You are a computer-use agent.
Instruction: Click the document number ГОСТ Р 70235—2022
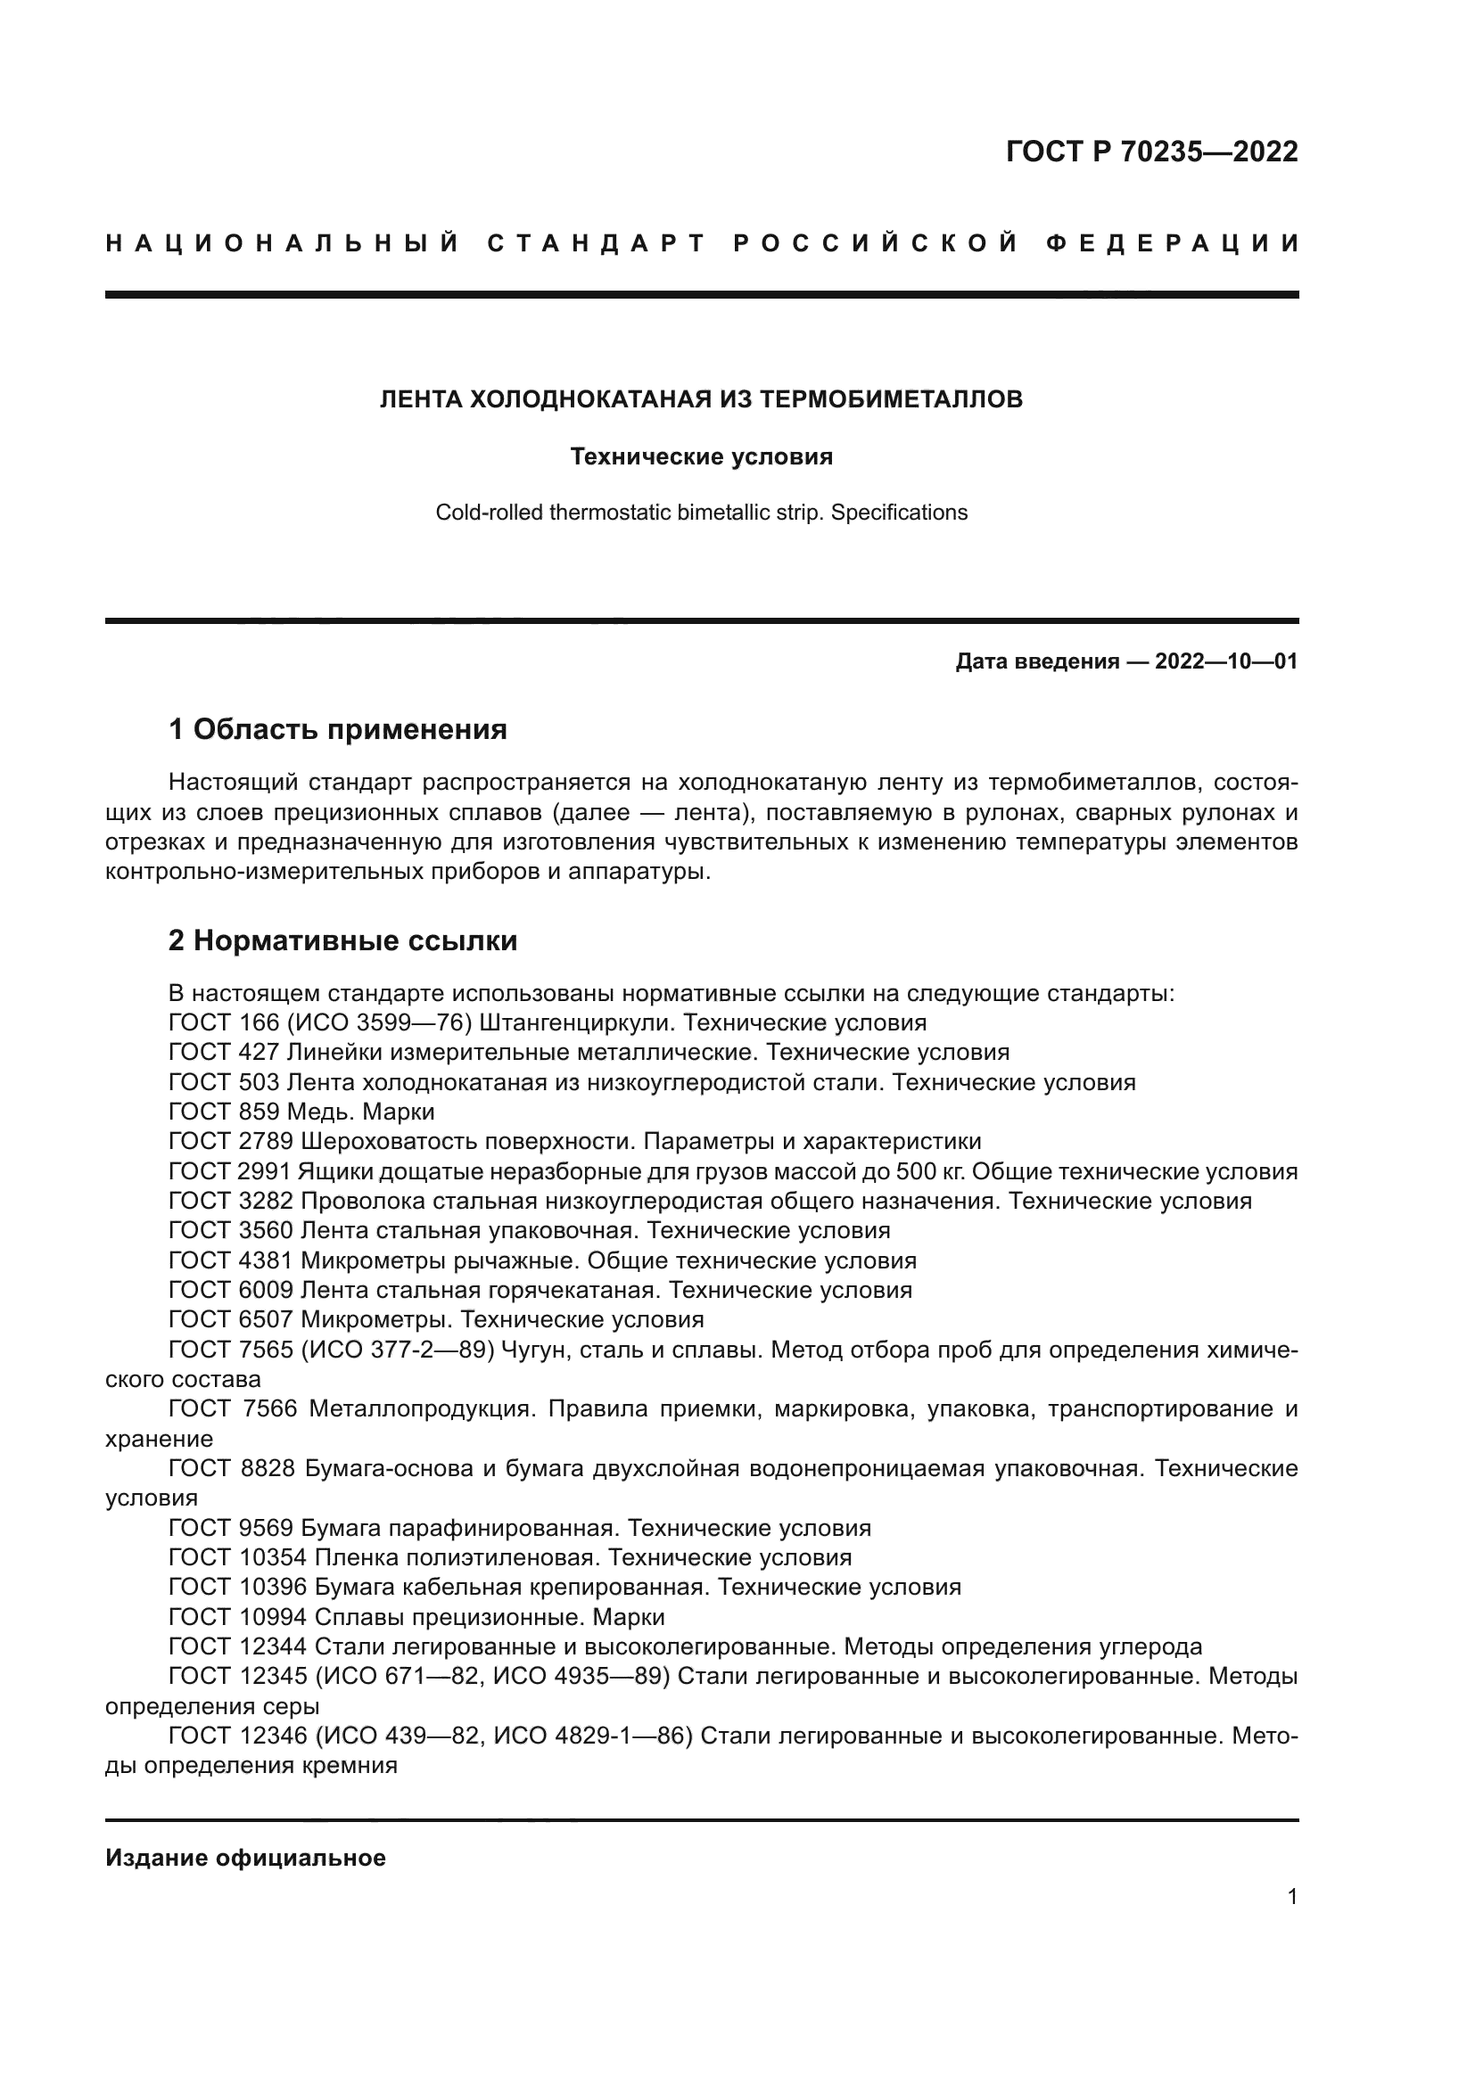click(1151, 152)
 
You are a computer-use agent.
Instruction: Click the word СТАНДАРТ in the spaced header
click(596, 243)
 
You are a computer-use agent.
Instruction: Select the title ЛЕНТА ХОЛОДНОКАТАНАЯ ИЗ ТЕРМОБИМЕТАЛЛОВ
click(701, 399)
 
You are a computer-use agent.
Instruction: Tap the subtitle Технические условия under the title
click(701, 456)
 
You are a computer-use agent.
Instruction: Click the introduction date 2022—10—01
click(1226, 661)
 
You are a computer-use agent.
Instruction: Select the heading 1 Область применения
click(338, 729)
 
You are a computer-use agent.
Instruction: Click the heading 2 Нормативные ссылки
click(343, 940)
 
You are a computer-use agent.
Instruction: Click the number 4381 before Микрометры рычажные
click(265, 1260)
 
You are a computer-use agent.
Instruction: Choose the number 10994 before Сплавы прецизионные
click(273, 1617)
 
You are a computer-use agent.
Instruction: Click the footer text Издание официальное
click(245, 1858)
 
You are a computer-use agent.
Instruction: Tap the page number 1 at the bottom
click(1292, 1897)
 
